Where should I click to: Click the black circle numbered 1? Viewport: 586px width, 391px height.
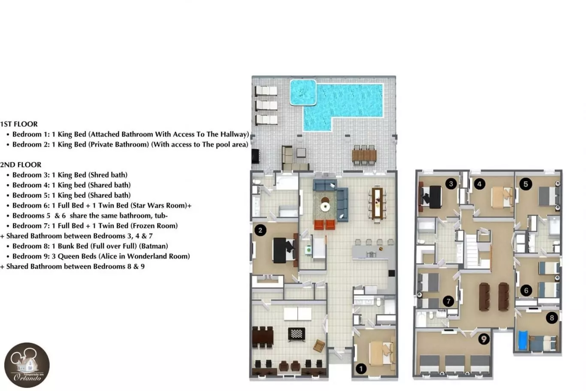[x=361, y=369]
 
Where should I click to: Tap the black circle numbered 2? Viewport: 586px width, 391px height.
[x=260, y=230]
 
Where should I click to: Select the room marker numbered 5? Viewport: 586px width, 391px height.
[x=526, y=184]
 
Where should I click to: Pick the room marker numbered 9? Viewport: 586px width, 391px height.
[x=484, y=339]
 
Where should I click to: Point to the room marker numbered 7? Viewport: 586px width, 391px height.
[x=448, y=301]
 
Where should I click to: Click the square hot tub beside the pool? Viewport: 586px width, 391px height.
[x=303, y=92]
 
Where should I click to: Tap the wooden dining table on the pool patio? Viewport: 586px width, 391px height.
[x=364, y=155]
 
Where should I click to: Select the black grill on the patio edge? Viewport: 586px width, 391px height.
[x=255, y=156]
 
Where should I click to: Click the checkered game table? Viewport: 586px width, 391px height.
[x=296, y=334]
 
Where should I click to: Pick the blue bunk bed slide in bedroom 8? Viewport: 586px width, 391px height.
[x=523, y=340]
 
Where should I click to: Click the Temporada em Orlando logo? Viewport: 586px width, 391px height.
[x=27, y=365]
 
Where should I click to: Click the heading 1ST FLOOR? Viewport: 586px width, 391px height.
[x=19, y=124]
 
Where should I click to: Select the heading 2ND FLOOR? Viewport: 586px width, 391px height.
[x=21, y=165]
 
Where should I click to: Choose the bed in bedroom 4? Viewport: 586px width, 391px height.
[x=502, y=197]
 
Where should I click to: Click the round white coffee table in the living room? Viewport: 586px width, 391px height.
[x=326, y=207]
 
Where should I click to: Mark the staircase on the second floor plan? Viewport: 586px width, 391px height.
[x=472, y=251]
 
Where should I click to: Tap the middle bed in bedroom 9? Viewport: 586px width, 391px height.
[x=455, y=364]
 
